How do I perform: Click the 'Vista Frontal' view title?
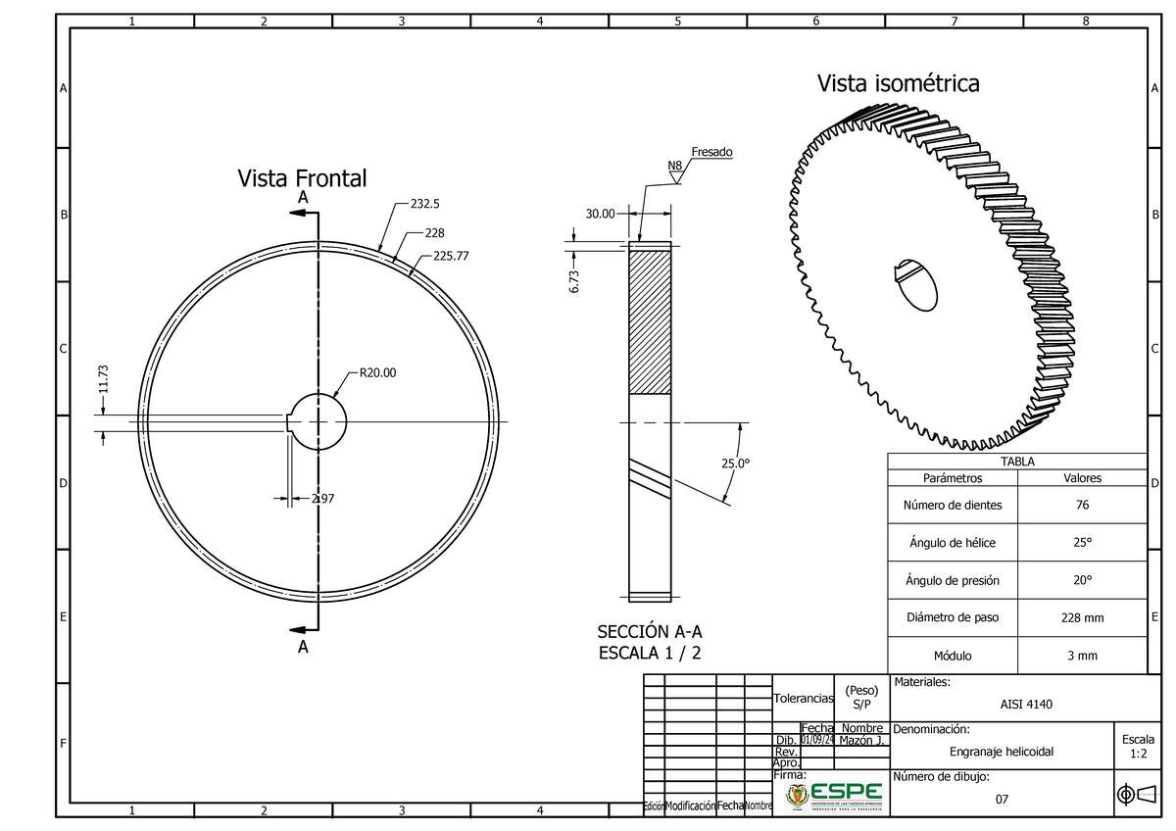click(302, 178)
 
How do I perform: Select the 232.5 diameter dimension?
click(425, 205)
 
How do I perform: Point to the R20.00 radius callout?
click(378, 372)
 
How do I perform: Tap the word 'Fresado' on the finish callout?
click(711, 152)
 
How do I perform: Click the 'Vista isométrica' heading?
click(898, 84)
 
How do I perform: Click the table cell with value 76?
click(1081, 506)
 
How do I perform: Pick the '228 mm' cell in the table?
click(1081, 618)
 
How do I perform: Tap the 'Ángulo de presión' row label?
click(952, 580)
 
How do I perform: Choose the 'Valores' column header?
click(1082, 478)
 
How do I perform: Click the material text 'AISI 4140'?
click(1026, 704)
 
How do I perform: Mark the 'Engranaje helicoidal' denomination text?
click(1002, 752)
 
